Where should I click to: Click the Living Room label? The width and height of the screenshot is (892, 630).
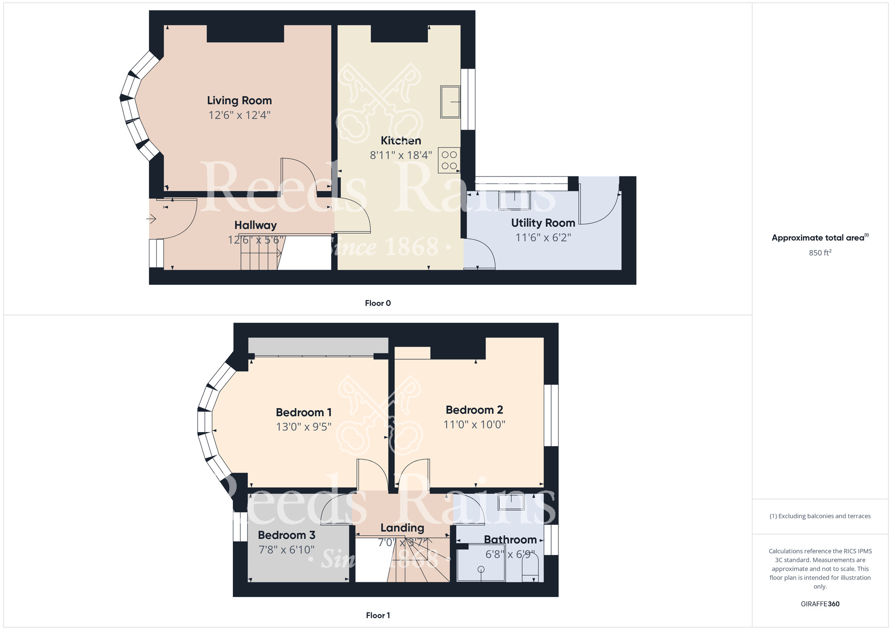[239, 101]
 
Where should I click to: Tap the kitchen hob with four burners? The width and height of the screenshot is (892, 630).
[449, 160]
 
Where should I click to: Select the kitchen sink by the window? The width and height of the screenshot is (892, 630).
[450, 102]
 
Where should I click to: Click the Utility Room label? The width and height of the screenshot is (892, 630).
[543, 223]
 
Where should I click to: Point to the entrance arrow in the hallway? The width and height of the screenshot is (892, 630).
[152, 219]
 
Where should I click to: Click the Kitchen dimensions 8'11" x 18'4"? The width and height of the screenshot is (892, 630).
[401, 155]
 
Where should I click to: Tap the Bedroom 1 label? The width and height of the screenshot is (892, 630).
[303, 413]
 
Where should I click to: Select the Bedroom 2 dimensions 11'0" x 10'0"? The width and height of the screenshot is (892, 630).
[474, 425]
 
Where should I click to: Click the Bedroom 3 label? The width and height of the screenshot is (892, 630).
[286, 535]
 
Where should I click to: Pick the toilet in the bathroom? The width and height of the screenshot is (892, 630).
[530, 569]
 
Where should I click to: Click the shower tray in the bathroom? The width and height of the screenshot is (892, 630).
[481, 565]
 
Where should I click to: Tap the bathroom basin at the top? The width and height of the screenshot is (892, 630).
[511, 502]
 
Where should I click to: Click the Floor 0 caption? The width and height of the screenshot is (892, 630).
[378, 303]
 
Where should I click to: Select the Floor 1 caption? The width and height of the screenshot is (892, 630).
[378, 615]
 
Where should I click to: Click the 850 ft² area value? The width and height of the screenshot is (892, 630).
[820, 253]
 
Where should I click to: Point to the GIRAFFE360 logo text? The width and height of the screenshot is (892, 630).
[820, 604]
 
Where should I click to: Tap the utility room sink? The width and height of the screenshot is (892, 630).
[515, 200]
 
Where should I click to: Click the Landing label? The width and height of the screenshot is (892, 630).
[402, 528]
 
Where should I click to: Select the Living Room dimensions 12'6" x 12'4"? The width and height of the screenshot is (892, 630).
[239, 115]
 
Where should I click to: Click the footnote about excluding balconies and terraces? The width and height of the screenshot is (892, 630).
[820, 516]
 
